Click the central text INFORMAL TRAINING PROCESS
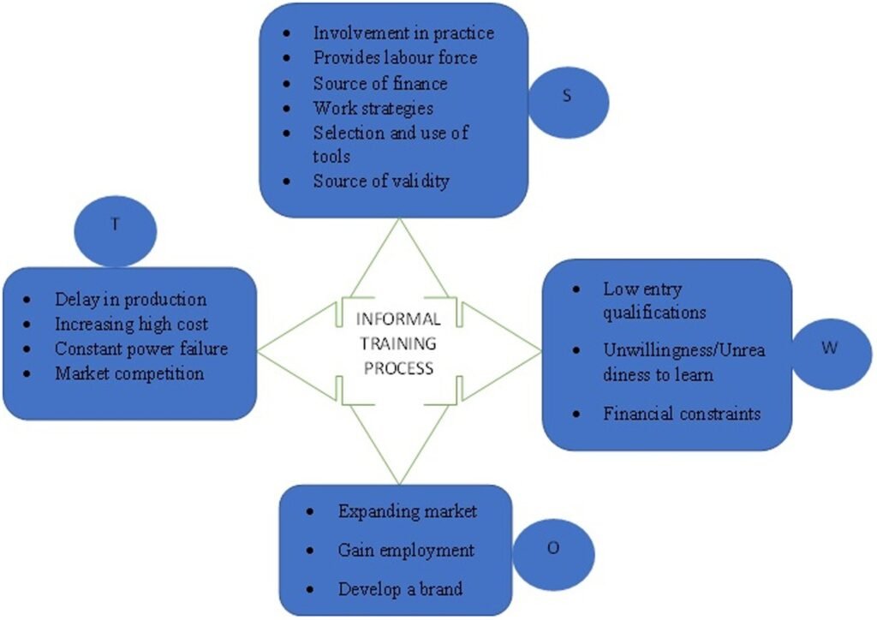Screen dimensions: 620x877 click(x=399, y=343)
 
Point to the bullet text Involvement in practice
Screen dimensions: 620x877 click(x=403, y=33)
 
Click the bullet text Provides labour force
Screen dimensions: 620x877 click(x=395, y=58)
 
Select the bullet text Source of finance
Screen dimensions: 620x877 click(x=380, y=83)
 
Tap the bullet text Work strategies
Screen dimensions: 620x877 click(x=373, y=108)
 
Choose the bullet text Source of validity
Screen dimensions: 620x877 click(x=380, y=182)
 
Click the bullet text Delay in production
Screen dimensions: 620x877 click(x=131, y=300)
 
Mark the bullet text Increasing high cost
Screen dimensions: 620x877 click(x=131, y=325)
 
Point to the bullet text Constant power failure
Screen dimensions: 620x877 click(x=141, y=349)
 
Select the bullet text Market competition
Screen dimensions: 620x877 click(x=129, y=374)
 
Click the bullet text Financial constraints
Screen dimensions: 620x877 click(x=682, y=414)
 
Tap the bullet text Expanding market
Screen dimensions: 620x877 click(x=407, y=511)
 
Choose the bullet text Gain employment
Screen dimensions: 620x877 click(x=406, y=550)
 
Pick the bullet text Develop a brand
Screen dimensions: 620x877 click(x=400, y=589)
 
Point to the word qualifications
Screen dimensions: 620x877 click(x=653, y=312)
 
